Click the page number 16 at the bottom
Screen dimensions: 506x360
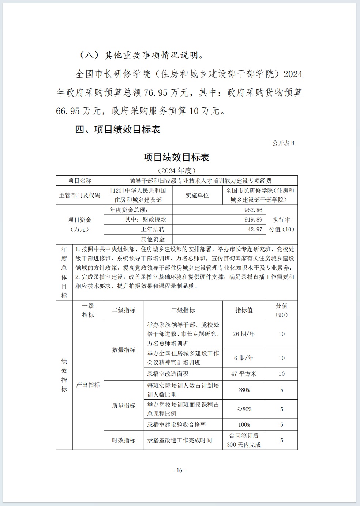[179, 471]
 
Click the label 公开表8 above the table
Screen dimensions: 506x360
[283, 143]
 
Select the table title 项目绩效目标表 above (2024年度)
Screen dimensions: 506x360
[176, 157]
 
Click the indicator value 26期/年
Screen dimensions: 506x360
[244, 334]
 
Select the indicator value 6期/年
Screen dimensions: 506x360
[244, 358]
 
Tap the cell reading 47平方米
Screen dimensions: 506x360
[244, 374]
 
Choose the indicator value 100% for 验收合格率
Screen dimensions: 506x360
[244, 424]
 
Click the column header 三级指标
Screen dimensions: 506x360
[183, 310]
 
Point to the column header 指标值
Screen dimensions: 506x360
[244, 310]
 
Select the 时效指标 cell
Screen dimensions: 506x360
[124, 440]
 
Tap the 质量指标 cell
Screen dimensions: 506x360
[124, 405]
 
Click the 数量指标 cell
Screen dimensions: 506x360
[124, 350]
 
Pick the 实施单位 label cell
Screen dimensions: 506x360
[197, 195]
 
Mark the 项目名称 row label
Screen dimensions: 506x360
[79, 181]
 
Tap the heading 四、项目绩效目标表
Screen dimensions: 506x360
[117, 129]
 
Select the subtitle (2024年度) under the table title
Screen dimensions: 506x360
[176, 170]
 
